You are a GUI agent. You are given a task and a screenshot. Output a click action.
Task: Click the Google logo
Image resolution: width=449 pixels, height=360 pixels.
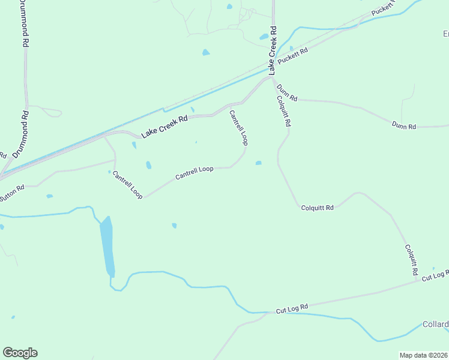pyautogui.click(x=20, y=353)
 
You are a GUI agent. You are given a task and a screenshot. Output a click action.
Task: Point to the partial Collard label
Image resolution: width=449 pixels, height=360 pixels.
pyautogui.click(x=435, y=325)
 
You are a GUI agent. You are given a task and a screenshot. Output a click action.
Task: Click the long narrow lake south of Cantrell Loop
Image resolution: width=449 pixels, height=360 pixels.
pyautogui.click(x=107, y=246)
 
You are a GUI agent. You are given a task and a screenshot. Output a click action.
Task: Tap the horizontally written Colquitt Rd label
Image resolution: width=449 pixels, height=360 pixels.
pyautogui.click(x=317, y=208)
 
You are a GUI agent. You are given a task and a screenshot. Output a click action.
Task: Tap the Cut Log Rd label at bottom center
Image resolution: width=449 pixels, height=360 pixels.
pyautogui.click(x=292, y=309)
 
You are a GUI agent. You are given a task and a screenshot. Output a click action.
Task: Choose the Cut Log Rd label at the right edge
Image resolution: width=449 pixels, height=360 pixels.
pyautogui.click(x=435, y=275)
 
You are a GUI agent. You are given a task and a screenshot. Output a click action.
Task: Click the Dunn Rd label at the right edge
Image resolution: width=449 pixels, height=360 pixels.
pyautogui.click(x=403, y=126)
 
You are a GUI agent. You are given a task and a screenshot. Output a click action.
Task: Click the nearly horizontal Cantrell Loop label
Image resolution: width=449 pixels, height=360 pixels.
pyautogui.click(x=194, y=173)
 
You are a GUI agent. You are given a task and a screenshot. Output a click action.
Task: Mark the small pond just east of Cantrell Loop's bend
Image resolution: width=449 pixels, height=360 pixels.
pyautogui.click(x=259, y=163)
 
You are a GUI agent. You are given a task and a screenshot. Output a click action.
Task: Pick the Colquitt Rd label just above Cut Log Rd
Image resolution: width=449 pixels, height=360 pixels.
pyautogui.click(x=411, y=259)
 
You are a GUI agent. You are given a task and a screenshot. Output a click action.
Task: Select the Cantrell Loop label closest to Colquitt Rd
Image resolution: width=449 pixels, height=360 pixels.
pyautogui.click(x=238, y=127)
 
